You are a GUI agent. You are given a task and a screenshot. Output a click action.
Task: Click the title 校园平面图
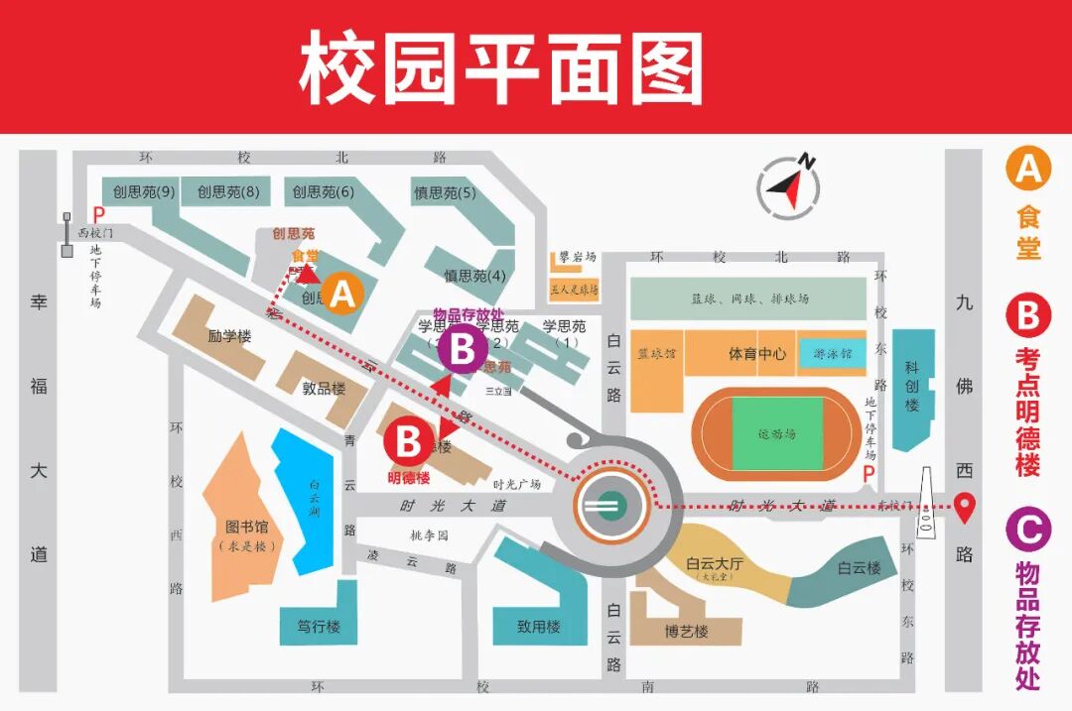pyautogui.click(x=501, y=67)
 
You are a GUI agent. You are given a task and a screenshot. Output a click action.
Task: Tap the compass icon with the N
pyautogui.click(x=789, y=184)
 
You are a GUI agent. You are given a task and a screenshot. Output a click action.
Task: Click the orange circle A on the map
pyautogui.click(x=342, y=294)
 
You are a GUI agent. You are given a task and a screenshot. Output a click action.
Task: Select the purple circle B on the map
pyautogui.click(x=463, y=349)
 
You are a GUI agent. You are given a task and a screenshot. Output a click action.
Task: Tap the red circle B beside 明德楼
pyautogui.click(x=408, y=442)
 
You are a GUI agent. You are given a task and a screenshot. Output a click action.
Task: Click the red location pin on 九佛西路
pyautogui.click(x=964, y=507)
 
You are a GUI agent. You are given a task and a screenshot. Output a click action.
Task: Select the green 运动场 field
pyautogui.click(x=777, y=433)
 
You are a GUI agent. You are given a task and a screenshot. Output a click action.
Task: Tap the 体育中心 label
pyautogui.click(x=757, y=354)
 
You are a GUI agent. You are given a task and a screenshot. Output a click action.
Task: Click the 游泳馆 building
pyautogui.click(x=832, y=354)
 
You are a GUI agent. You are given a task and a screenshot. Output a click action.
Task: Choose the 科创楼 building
pyautogui.click(x=912, y=387)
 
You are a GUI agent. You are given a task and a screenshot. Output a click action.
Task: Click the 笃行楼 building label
pyautogui.click(x=319, y=627)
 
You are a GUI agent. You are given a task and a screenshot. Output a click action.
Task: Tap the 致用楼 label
pyautogui.click(x=538, y=627)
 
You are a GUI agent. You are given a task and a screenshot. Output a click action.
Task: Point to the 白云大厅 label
pyautogui.click(x=714, y=564)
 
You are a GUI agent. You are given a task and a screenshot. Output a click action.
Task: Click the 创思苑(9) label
pyautogui.click(x=144, y=191)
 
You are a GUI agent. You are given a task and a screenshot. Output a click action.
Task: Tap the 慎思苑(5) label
pyautogui.click(x=445, y=192)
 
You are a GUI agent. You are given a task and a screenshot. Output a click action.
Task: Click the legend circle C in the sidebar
pyautogui.click(x=1028, y=529)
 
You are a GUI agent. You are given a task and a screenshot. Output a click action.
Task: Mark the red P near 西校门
pyautogui.click(x=97, y=213)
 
